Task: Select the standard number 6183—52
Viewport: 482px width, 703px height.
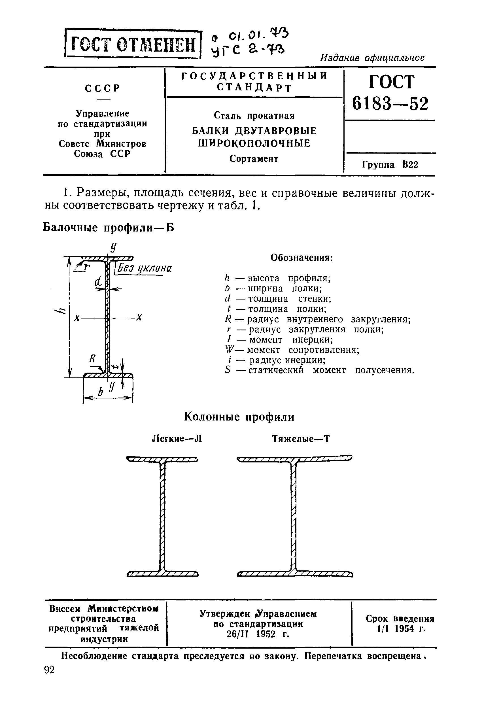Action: pos(390,104)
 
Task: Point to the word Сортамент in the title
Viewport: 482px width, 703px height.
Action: pos(253,158)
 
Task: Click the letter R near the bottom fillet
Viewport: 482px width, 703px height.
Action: pos(92,359)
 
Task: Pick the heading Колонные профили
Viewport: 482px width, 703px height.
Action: pos(239,417)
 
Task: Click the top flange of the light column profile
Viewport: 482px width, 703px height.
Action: pos(162,460)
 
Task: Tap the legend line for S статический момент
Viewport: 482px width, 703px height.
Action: pos(319,370)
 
